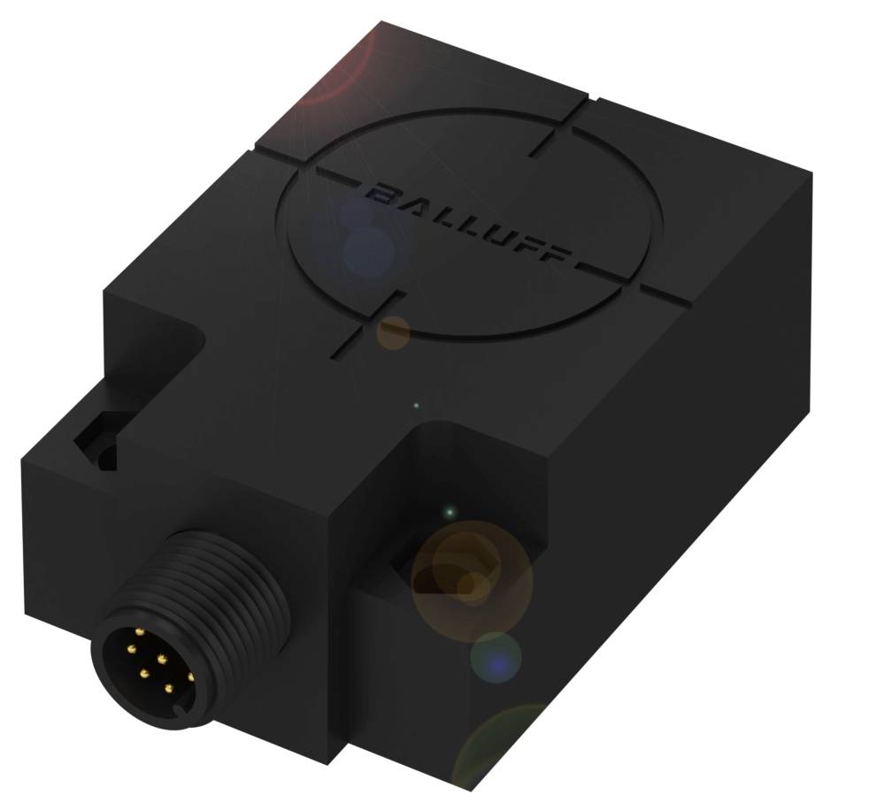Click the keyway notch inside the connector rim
point(181,707)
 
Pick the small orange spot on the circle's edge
point(394,332)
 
